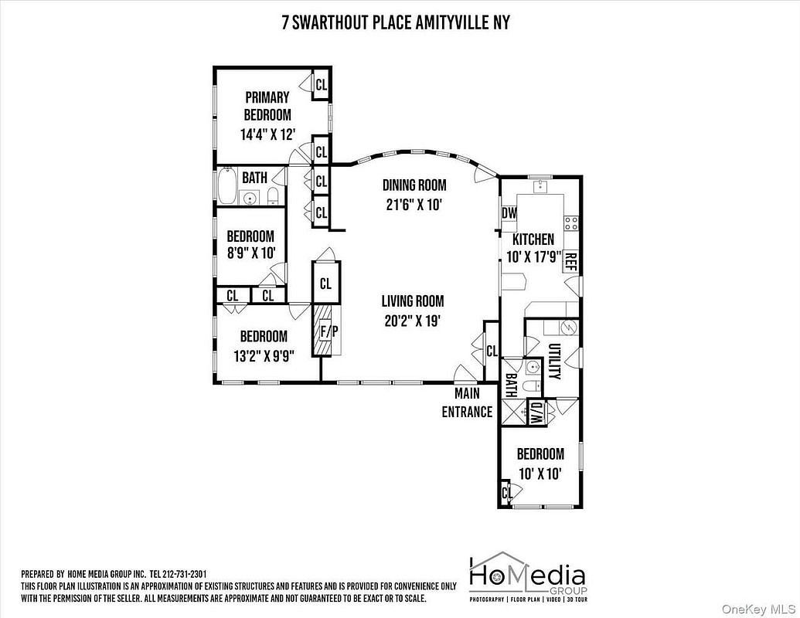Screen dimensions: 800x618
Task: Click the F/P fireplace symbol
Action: [x=326, y=331]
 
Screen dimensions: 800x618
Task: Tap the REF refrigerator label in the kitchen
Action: [x=570, y=262]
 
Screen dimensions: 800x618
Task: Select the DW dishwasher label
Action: [x=509, y=213]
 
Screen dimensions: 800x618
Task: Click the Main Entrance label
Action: [x=467, y=402]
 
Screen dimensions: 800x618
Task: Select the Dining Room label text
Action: [x=414, y=185]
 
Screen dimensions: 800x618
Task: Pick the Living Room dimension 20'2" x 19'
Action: [x=412, y=321]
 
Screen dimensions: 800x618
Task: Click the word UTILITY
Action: [x=554, y=361]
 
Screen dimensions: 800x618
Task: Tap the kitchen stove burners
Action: [x=571, y=222]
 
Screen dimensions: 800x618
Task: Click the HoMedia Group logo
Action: [x=528, y=577]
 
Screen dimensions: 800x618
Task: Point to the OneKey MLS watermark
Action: [x=760, y=609]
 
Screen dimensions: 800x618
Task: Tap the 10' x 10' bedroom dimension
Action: [x=540, y=474]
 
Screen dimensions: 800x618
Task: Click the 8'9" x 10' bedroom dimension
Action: [x=251, y=253]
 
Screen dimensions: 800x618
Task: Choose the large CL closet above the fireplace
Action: [x=326, y=283]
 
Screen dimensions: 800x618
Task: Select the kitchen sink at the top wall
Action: [x=540, y=186]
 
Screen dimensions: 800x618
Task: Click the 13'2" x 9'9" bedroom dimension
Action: [x=264, y=356]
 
